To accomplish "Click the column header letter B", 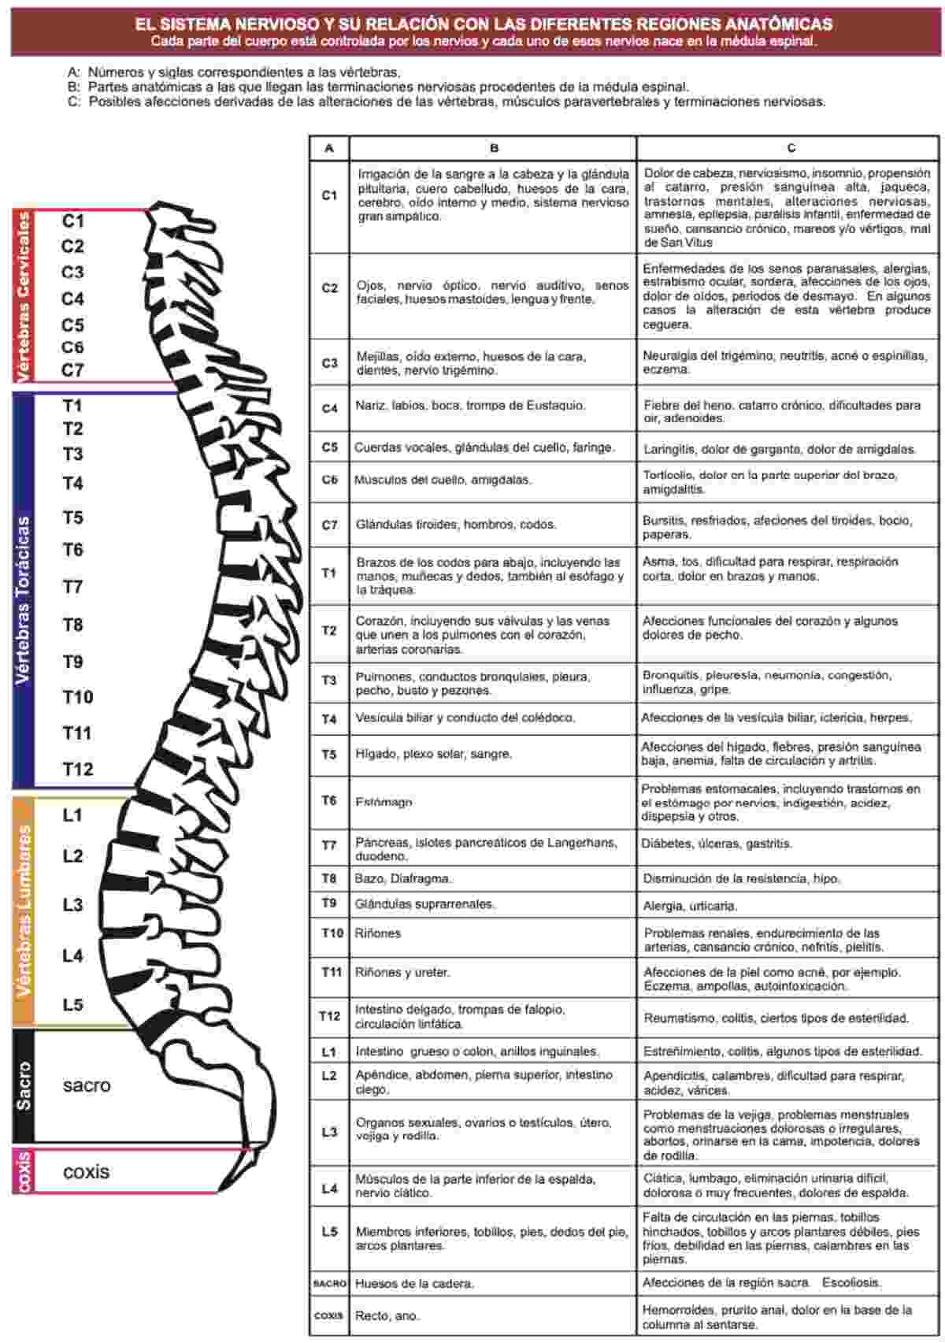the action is pos(494,148).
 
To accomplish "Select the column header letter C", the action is pos(791,147).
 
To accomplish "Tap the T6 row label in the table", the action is pos(329,800).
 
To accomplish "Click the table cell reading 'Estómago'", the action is pos(384,802).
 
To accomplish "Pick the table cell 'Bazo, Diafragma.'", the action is pos(403,878).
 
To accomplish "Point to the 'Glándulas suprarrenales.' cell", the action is pos(425,904).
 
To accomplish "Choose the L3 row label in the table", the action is pos(330,1131).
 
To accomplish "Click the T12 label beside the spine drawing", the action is pos(78,769).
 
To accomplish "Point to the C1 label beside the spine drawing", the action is pos(73,221).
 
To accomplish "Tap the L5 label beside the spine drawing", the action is pos(73,1004).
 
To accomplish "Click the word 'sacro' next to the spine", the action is pos(87,1085).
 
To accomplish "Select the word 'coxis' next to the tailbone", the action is pos(87,1171).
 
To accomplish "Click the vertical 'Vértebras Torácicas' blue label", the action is pos(23,600).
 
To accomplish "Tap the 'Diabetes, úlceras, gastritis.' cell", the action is pos(717,844).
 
